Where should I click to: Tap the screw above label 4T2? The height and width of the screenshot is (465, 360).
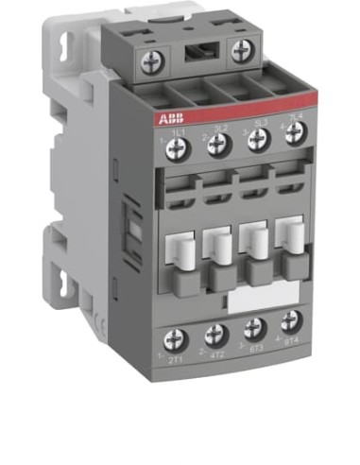pos(216,333)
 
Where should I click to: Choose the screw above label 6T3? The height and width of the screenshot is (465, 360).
pos(253,327)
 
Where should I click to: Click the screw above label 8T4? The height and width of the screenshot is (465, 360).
pos(290,320)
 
